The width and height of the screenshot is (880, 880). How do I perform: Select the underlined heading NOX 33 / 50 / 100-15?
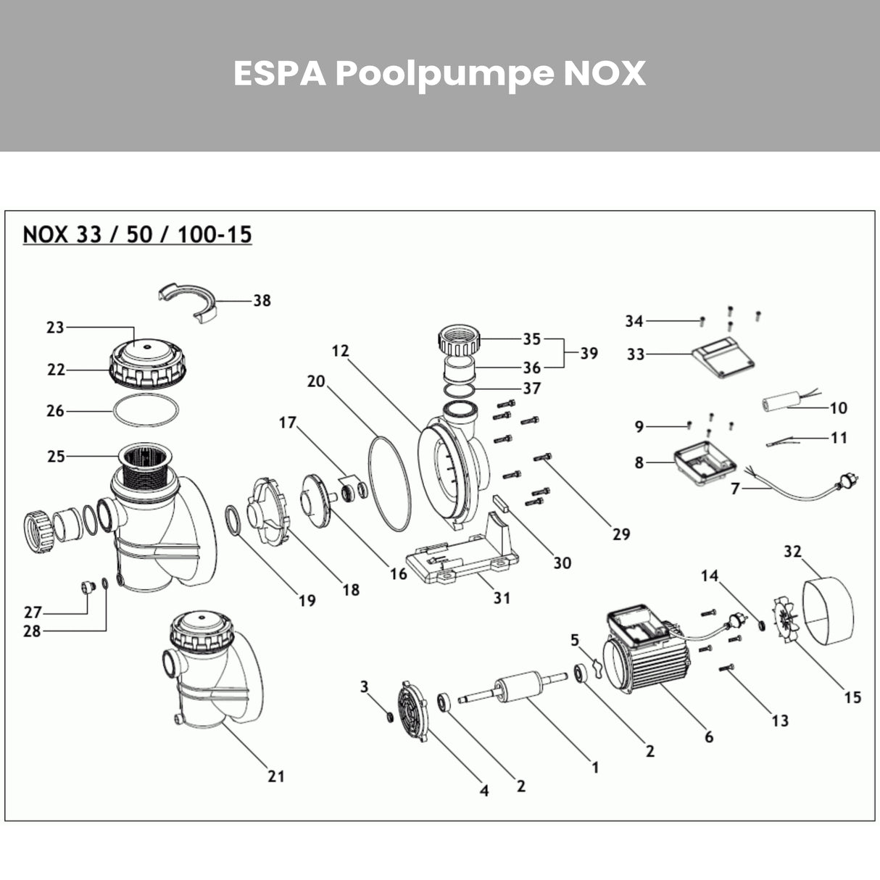[138, 235]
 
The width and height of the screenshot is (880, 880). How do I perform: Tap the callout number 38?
[262, 300]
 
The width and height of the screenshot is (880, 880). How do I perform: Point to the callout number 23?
[55, 328]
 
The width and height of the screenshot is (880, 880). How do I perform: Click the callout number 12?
[341, 351]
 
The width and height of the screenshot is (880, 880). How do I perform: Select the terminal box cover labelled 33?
[724, 357]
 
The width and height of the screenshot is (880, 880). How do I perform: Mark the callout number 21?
[275, 776]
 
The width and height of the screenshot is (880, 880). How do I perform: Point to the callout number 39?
[589, 353]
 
